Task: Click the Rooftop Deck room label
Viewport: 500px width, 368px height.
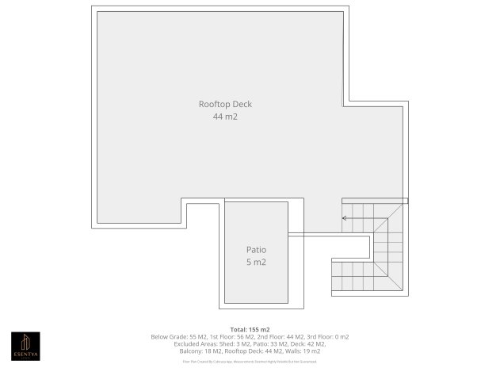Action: pos(225,104)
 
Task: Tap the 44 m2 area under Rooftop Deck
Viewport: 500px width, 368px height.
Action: pos(225,117)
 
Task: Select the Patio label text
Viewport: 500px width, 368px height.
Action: pos(255,249)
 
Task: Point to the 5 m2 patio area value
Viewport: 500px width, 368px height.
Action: pos(255,262)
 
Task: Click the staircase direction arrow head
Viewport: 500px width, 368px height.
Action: pos(344,217)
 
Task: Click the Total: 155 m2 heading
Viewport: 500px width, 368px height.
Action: pos(250,328)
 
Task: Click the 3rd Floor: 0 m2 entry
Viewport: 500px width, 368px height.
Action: pos(326,336)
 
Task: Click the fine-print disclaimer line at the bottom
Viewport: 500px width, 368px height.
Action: pos(250,361)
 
